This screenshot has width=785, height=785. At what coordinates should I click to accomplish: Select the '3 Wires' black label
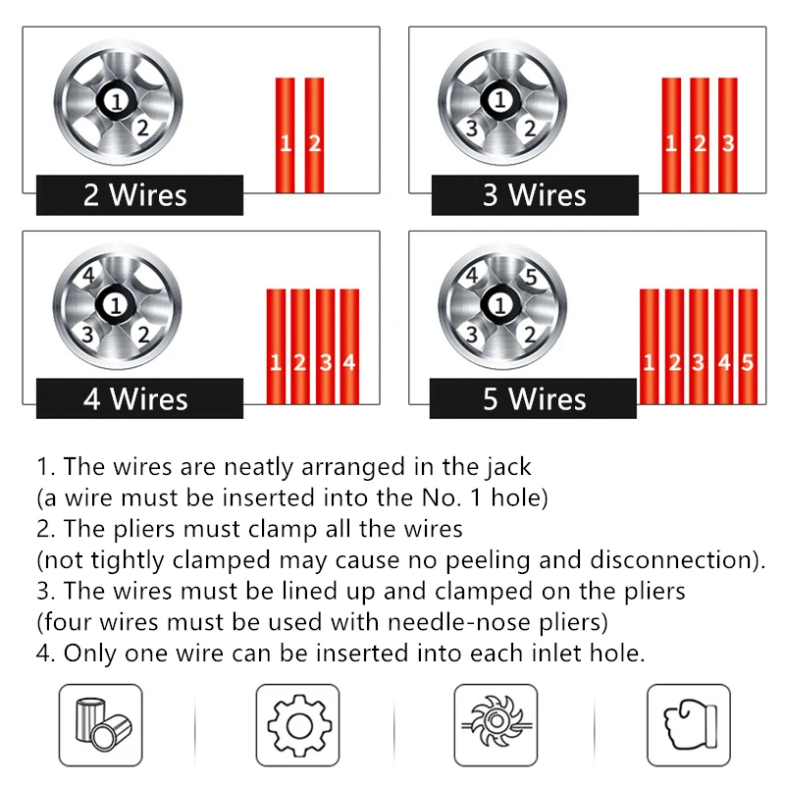click(x=534, y=194)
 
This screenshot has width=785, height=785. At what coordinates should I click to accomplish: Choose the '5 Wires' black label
click(x=534, y=399)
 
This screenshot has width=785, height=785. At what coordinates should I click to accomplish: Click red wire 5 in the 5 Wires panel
click(x=747, y=348)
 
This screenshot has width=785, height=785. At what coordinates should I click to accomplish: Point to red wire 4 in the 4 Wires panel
click(x=348, y=348)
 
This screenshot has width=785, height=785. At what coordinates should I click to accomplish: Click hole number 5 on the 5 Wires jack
click(x=530, y=278)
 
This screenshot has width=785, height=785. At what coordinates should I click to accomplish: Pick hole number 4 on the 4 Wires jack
click(x=89, y=278)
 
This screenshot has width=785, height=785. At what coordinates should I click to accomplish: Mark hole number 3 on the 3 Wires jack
click(x=472, y=129)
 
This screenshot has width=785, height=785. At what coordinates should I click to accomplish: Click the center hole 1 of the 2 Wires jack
click(x=117, y=100)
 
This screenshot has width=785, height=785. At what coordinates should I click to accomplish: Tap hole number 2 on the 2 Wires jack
click(x=143, y=127)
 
